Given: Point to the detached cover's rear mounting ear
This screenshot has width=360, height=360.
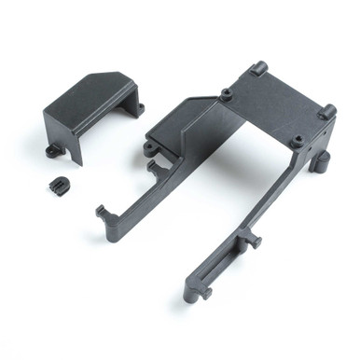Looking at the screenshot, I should (138, 108).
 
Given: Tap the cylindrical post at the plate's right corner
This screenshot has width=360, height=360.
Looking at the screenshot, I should (327, 111).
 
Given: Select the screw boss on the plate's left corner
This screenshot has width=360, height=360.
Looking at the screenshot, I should (227, 94).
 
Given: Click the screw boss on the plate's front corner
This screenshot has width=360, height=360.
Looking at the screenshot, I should (297, 142).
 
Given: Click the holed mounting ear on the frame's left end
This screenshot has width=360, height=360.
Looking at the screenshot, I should (150, 147).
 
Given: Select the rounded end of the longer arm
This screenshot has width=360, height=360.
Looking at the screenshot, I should (192, 294).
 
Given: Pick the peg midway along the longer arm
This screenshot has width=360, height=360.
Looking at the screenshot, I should (251, 240).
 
